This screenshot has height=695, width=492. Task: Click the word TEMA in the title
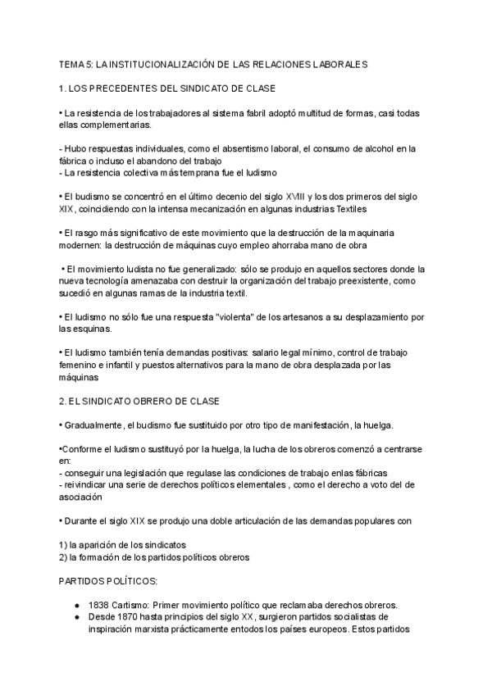tap(71, 63)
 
